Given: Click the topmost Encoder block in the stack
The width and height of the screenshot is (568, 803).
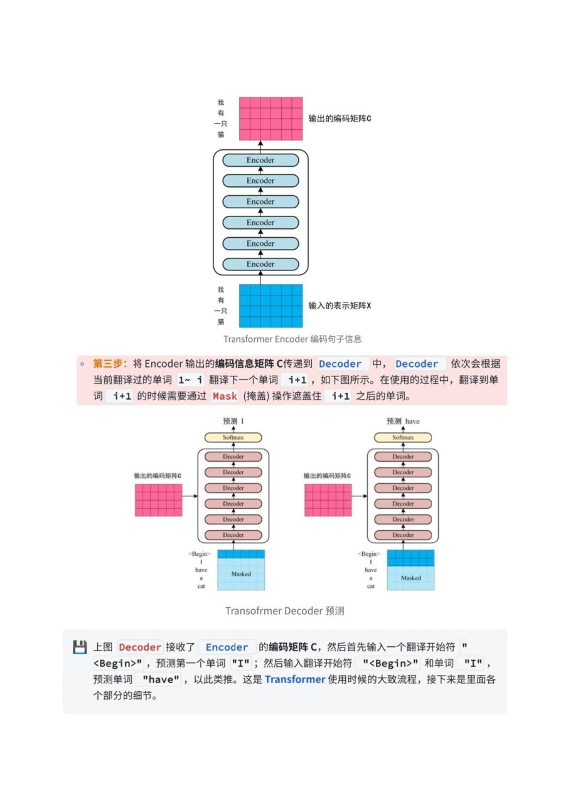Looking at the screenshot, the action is pos(260,160).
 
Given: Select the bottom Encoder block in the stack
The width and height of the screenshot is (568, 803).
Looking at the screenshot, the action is pos(260,264).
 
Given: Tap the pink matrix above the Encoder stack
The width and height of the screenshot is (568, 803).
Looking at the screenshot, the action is pos(271,119).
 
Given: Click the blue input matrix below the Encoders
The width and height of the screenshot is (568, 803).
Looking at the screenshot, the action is pos(271,306).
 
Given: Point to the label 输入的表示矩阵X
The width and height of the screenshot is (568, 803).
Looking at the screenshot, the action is pos(340,306).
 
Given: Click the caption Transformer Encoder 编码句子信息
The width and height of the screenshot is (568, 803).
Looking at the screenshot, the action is pos(292,339).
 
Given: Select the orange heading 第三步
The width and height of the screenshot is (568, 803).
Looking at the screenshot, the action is pos(107,363).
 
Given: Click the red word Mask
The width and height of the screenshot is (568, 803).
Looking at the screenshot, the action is pos(225,396).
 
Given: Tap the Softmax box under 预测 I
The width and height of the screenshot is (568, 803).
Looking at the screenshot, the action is pos(233,437).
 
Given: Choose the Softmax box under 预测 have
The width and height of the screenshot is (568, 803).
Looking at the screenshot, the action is pos(403,437).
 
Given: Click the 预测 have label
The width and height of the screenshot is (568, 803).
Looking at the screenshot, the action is pos(403,421).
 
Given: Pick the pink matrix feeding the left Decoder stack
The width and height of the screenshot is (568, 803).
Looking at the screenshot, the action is pos(159,500).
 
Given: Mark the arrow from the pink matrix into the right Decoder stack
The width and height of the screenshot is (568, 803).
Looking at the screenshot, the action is pos(360,496).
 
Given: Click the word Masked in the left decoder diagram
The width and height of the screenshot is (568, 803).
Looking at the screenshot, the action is pos(241,574).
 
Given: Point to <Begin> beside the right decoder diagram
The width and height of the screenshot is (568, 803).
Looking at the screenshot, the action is pos(369,554).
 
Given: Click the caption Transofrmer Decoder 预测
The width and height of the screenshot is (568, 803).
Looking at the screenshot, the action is pos(285,611).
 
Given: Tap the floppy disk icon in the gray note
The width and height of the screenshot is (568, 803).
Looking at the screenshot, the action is pos(80,647).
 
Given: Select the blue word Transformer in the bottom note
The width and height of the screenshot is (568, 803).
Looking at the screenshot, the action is pos(295,679).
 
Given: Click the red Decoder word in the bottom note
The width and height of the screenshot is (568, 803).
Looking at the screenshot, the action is pos(140,647).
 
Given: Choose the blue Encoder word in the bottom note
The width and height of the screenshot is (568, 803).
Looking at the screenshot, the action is pos(227,647).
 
